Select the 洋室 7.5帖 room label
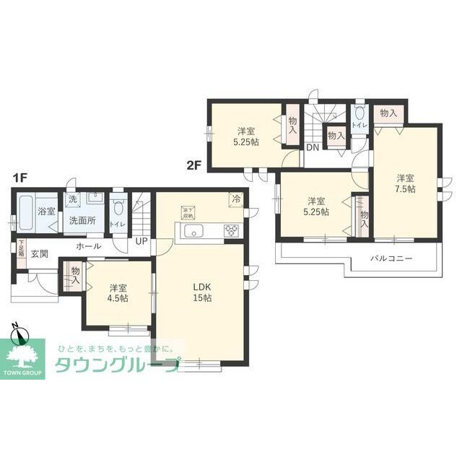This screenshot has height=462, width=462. click(405, 183)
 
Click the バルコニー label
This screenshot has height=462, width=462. click(391, 257)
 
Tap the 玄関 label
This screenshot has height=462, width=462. click(40, 254)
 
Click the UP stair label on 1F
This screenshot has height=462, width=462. click(140, 240)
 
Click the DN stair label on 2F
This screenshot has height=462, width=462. click(312, 148)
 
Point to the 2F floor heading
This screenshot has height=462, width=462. click(193, 164)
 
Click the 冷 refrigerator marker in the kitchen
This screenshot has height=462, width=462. click(235, 197)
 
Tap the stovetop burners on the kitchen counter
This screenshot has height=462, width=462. click(232, 231)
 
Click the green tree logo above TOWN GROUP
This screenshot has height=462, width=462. click(25, 356)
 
